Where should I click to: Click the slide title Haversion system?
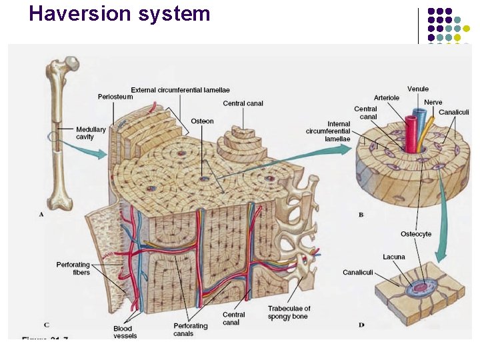click(x=120, y=13)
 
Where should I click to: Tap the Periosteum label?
click(x=115, y=97)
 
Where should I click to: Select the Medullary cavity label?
click(x=90, y=133)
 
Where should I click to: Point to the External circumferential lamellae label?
click(x=180, y=90)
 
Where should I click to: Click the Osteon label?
click(x=202, y=121)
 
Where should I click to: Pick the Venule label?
click(x=418, y=89)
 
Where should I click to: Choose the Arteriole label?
click(x=386, y=97)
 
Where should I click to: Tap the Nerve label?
click(x=433, y=102)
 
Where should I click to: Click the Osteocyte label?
click(x=415, y=234)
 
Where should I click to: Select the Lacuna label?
click(x=393, y=257)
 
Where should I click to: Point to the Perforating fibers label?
click(x=73, y=269)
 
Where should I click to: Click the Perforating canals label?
click(x=190, y=329)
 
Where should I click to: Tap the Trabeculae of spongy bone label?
click(x=289, y=313)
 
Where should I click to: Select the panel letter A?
click(x=42, y=215)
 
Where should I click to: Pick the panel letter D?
click(x=361, y=325)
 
